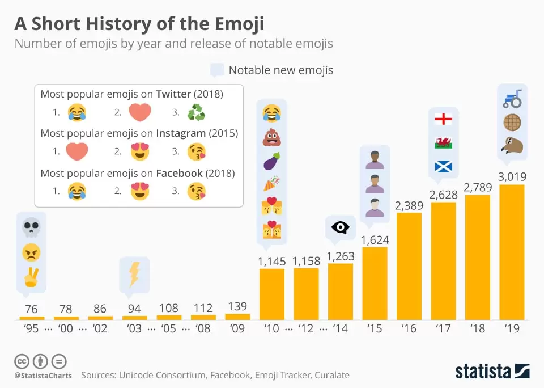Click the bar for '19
click(x=512, y=252)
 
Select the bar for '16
click(x=409, y=267)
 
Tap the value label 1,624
click(x=375, y=239)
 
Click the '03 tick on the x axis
click(x=135, y=328)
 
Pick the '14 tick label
click(x=341, y=328)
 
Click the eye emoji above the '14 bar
click(x=340, y=227)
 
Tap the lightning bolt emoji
click(x=134, y=274)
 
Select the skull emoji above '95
click(x=31, y=227)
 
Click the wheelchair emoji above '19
click(x=512, y=99)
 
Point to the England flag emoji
click(x=443, y=119)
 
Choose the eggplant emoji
click(x=272, y=162)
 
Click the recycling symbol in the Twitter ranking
click(x=196, y=112)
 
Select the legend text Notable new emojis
click(x=280, y=70)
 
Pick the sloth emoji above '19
click(x=512, y=146)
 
